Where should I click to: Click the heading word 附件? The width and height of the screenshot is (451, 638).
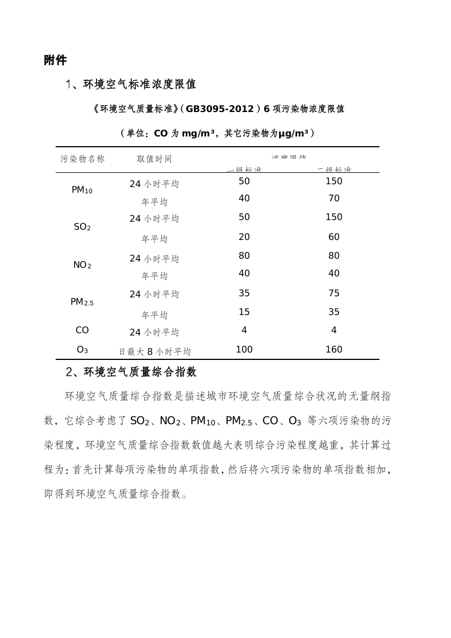coord(55,61)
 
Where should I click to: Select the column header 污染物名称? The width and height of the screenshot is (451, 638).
coord(82,159)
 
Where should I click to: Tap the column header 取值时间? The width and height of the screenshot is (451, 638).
coord(154,159)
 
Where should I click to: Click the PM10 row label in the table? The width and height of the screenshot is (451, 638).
coord(82,190)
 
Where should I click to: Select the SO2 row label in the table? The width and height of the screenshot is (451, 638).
coord(82,227)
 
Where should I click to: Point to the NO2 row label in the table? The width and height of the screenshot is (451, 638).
coord(82,265)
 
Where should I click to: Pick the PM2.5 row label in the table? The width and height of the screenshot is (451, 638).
coord(82,302)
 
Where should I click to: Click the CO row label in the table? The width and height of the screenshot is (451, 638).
coord(82,330)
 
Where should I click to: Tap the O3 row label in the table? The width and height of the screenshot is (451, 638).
coord(82,350)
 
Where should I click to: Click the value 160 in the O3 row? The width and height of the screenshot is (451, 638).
coord(334,350)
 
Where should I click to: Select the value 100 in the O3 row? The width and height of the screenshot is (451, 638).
coord(244,350)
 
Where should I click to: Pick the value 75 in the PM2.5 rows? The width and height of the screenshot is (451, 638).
coord(334,293)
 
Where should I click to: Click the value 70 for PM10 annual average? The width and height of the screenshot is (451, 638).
coord(334,198)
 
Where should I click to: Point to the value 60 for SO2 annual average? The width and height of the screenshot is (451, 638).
coord(334,237)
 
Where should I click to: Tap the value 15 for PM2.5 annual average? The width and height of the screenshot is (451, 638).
coord(244,312)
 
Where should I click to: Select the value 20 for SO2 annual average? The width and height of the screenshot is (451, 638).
coord(244,237)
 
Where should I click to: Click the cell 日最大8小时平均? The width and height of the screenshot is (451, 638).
coord(154,351)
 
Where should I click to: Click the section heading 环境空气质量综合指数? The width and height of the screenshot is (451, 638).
coord(140,372)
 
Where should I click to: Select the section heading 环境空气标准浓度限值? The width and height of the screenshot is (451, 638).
coord(140,85)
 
